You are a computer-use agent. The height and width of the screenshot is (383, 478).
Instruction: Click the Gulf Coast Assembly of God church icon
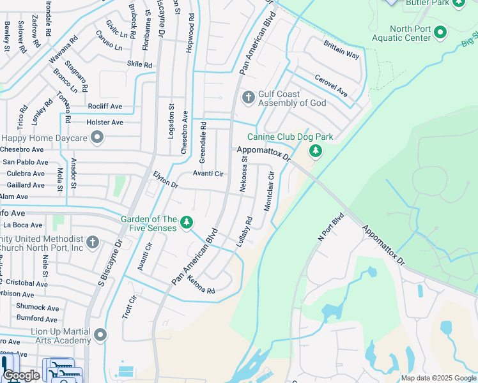pyautogui.click(x=248, y=98)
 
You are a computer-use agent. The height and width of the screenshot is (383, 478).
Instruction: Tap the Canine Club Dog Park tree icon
pyautogui.click(x=314, y=151)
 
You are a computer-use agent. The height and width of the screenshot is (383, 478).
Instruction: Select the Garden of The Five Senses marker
pyautogui.click(x=186, y=222)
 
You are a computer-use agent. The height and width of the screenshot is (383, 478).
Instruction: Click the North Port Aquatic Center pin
pyautogui.click(x=440, y=32)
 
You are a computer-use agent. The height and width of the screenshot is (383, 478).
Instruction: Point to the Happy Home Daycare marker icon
pyautogui.click(x=97, y=137)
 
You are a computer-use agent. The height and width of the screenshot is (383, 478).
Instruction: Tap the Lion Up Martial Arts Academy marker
pyautogui.click(x=100, y=335)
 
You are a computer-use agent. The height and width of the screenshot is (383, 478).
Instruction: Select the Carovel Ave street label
pyautogui.click(x=330, y=86)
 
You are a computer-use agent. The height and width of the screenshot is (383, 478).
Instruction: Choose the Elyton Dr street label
pyautogui.click(x=166, y=179)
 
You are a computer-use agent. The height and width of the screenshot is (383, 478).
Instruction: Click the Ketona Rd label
pyautogui.click(x=201, y=284)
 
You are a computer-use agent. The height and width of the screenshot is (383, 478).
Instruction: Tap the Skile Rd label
pyautogui.click(x=139, y=64)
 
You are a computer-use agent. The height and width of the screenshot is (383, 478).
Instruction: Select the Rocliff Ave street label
pyautogui.click(x=105, y=106)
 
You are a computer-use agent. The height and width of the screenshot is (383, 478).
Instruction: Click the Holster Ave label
pyautogui.click(x=105, y=122)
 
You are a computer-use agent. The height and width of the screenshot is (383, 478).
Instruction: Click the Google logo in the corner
pyautogui.click(x=21, y=375)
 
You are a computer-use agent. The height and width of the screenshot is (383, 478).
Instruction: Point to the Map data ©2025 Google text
pyautogui.click(x=438, y=378)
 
